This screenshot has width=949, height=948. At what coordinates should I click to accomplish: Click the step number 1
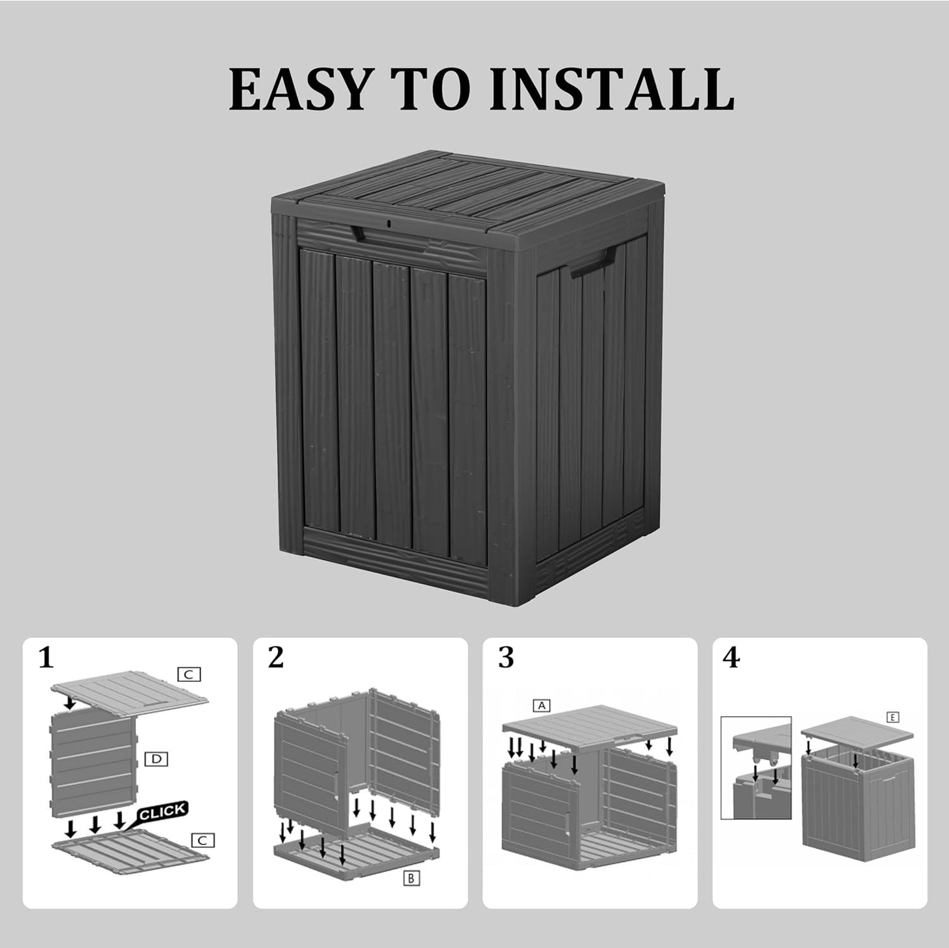[45, 658]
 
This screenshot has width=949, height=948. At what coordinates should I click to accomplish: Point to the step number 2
[276, 658]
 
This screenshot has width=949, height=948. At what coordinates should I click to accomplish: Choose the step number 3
[506, 658]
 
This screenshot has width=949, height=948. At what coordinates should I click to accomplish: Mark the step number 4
[731, 658]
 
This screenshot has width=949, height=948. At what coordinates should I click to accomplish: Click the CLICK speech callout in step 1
[162, 812]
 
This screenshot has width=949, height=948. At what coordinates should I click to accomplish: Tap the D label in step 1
[156, 759]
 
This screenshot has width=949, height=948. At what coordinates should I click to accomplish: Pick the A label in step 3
[541, 706]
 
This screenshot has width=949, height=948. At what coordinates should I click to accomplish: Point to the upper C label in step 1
[188, 674]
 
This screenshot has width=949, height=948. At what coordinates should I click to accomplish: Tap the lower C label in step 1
[203, 840]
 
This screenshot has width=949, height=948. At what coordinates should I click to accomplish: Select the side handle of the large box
[586, 265]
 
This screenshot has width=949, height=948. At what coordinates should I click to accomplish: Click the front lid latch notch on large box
[359, 233]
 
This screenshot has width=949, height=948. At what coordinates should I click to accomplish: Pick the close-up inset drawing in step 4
[756, 767]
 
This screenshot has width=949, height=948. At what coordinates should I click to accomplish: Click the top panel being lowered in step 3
[589, 727]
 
